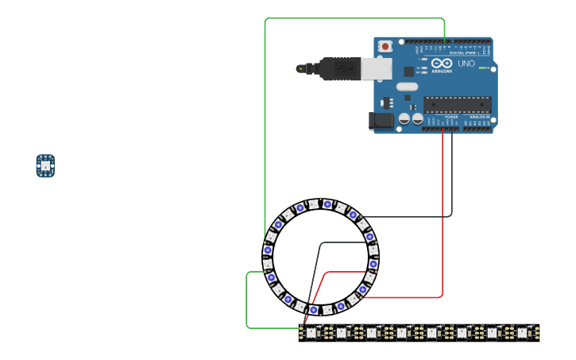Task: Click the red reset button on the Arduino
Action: point(385,46)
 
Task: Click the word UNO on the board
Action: point(466,64)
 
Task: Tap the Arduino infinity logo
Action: point(443,64)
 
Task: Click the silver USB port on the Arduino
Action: point(377,68)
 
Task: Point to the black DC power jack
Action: point(381,121)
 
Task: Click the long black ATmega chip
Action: point(457,104)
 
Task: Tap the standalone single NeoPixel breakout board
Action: point(45,165)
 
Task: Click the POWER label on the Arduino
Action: point(450,117)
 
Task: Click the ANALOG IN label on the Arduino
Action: point(479,117)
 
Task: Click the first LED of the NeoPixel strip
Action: point(311,332)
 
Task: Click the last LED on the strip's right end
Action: point(522,332)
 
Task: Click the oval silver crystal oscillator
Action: point(407,87)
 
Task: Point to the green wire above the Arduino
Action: point(354,18)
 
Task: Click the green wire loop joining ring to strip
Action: point(247,302)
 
